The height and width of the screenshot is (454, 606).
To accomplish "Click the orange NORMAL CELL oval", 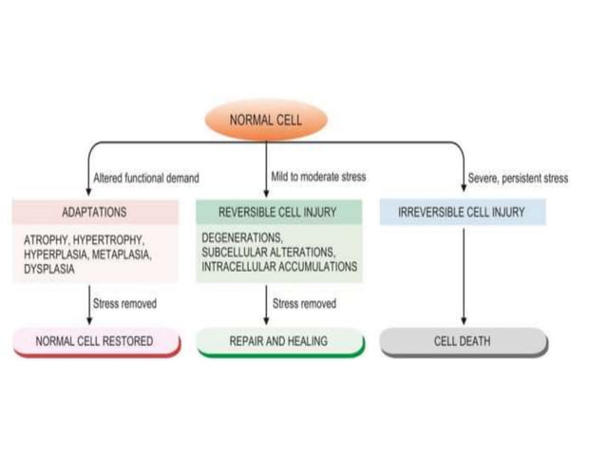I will coord(265,121).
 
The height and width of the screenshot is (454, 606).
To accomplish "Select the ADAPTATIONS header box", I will coord(94,212).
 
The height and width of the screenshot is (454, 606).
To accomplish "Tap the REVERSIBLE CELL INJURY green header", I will coord(278,212).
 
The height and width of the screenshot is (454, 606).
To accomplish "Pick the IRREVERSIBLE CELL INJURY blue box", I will coord(463,212).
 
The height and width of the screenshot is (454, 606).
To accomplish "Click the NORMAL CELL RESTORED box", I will coord(96,341).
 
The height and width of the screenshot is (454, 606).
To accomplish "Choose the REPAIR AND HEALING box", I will coord(279,341).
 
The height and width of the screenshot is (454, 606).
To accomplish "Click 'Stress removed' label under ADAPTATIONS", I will coord(124,304).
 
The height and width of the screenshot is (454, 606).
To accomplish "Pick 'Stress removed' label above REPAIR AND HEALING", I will coord(304,304).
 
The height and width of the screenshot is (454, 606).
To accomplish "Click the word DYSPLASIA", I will coord(48,269).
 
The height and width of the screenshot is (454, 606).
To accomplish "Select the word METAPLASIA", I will coord(121,255).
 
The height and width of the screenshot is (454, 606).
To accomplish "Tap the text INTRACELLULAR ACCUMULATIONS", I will coord(279,267).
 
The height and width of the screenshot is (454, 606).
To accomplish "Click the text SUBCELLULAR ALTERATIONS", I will coord(268,253).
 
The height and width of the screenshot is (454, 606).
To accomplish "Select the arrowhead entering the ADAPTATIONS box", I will coord(88,193).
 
